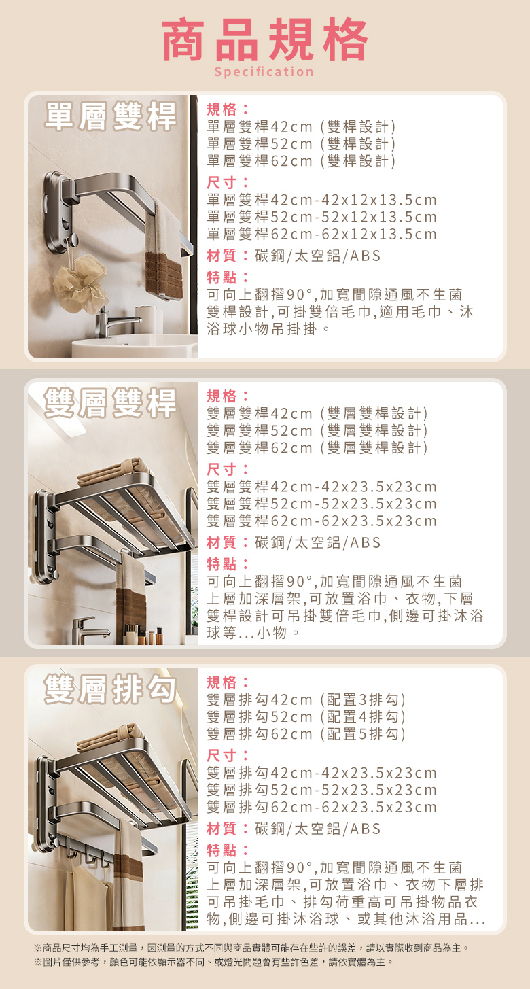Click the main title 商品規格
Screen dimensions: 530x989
tap(265, 39)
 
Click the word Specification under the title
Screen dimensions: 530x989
tap(264, 71)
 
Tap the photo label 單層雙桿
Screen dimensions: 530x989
tap(110, 116)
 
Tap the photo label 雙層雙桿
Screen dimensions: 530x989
tap(110, 402)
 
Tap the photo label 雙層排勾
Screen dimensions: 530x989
tap(110, 689)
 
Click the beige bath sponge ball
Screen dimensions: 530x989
tap(81, 283)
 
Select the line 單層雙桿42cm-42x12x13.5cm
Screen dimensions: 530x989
tap(321, 200)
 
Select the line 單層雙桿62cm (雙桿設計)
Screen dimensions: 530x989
tap(302, 160)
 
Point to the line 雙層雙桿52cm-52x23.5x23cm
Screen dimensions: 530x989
tap(321, 503)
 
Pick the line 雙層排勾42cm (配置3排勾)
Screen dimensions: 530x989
tap(306, 699)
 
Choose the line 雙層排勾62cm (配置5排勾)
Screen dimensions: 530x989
tap(306, 734)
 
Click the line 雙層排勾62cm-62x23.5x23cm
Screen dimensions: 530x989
tap(321, 807)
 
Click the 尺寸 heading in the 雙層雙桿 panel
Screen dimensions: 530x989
tap(228, 469)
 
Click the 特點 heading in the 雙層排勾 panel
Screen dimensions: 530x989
tap(228, 850)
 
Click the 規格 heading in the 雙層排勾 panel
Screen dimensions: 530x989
tap(228, 682)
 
